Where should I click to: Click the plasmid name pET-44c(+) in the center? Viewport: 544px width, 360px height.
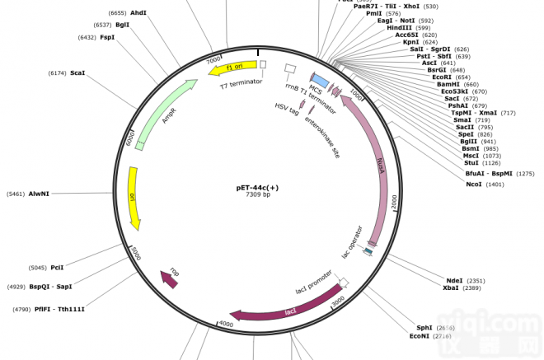click(257, 187)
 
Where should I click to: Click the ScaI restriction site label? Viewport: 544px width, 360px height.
click(77, 73)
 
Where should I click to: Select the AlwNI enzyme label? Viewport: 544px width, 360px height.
click(39, 194)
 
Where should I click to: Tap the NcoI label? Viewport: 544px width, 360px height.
click(473, 185)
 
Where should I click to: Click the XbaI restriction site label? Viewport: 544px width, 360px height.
click(451, 288)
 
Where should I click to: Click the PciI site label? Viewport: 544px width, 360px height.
click(57, 267)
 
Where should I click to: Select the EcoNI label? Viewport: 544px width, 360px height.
click(420, 336)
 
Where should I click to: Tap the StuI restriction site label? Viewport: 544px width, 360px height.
click(471, 163)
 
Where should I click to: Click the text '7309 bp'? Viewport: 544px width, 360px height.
click(257, 195)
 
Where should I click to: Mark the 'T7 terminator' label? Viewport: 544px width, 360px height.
click(241, 83)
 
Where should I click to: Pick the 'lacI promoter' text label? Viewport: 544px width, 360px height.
click(314, 283)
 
